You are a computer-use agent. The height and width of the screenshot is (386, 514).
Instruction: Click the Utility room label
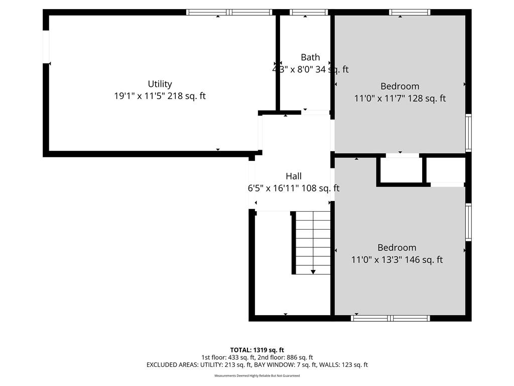[160, 84]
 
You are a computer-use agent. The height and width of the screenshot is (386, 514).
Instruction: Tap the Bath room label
[310, 57]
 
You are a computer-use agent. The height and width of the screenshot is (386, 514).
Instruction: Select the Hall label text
[294, 176]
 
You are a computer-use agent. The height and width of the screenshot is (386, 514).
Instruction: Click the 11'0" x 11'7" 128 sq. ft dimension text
[400, 99]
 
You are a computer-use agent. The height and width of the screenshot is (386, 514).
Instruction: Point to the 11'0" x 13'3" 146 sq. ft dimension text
[397, 260]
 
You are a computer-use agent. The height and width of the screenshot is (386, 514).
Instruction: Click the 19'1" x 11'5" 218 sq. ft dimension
[160, 96]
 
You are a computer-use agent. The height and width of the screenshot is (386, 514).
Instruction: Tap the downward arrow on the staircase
[313, 271]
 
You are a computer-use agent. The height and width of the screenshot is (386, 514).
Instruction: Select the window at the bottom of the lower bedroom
[391, 318]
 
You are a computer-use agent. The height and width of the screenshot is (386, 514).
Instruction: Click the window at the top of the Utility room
[229, 12]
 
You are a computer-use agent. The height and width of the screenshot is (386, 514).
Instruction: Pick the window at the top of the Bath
[309, 12]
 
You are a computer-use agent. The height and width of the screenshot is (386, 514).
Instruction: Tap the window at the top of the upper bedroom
[410, 12]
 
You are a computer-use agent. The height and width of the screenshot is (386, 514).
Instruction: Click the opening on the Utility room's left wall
[46, 47]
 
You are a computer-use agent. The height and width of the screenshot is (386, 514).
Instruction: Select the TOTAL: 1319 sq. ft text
[257, 350]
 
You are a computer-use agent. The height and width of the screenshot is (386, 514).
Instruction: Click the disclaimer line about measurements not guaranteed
[257, 376]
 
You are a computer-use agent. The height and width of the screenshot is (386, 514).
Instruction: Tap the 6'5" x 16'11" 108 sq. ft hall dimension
[294, 188]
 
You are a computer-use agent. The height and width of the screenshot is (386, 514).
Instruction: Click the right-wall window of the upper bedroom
[468, 133]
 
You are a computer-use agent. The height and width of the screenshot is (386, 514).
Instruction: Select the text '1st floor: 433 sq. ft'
[228, 357]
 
